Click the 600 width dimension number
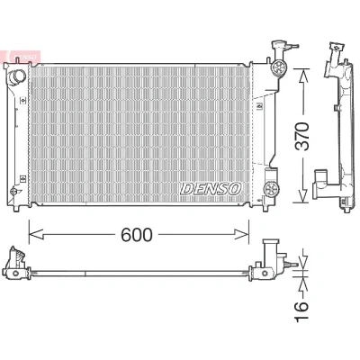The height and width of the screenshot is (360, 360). tap(137, 234)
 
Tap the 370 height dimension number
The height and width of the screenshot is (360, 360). tap(301, 136)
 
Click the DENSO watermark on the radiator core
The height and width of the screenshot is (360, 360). tap(211, 189)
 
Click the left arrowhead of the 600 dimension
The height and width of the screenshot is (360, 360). tap(36, 234)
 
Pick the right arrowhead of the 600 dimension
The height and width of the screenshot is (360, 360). tap(242, 234)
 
